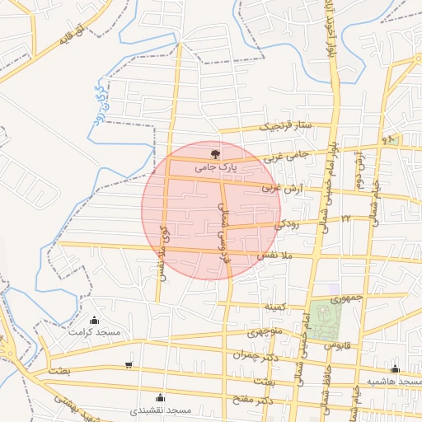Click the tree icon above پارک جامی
[x=216, y=154]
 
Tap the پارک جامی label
[x=216, y=166]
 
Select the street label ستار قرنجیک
[x=287, y=126]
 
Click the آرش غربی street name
[x=283, y=188]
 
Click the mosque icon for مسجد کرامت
[x=95, y=320]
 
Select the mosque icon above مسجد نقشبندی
[x=161, y=397]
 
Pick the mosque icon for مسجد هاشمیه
[x=396, y=369]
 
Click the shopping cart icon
[x=128, y=365]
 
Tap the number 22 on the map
[x=346, y=217]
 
